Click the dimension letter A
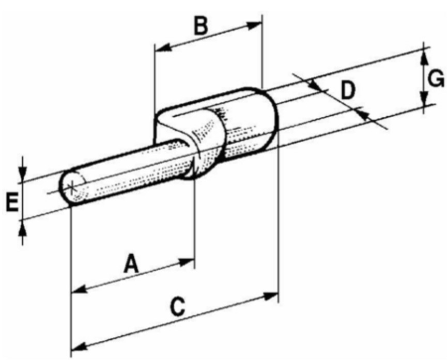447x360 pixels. [132, 264]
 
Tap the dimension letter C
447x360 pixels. [178, 306]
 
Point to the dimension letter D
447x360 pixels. [348, 90]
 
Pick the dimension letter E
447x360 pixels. [12, 202]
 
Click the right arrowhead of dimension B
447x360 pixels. [255, 25]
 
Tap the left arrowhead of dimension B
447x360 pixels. [162, 48]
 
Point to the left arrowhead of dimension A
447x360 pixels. [79, 290]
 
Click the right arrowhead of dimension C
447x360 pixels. [271, 296]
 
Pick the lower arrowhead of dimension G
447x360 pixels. [424, 98]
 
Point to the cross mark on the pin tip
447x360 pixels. [71, 187]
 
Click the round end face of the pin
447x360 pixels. [72, 187]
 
